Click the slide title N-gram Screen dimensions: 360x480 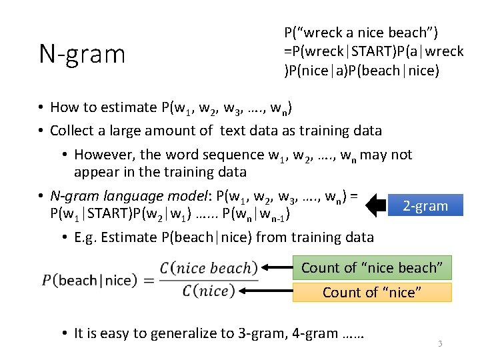pos(82,54)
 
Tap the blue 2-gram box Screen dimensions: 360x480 pos(425,206)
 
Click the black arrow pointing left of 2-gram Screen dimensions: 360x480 pos(376,205)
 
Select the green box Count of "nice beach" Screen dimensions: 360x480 pos(372,267)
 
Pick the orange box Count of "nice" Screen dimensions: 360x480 pos(372,292)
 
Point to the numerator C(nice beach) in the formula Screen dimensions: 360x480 pos(208,268)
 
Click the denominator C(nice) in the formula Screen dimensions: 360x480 pos(205,291)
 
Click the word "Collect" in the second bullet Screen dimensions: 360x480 pos(72,131)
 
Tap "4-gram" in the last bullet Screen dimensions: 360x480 pos(315,333)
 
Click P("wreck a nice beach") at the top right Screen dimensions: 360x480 pos(361,33)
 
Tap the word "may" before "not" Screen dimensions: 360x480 pos(374,155)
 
